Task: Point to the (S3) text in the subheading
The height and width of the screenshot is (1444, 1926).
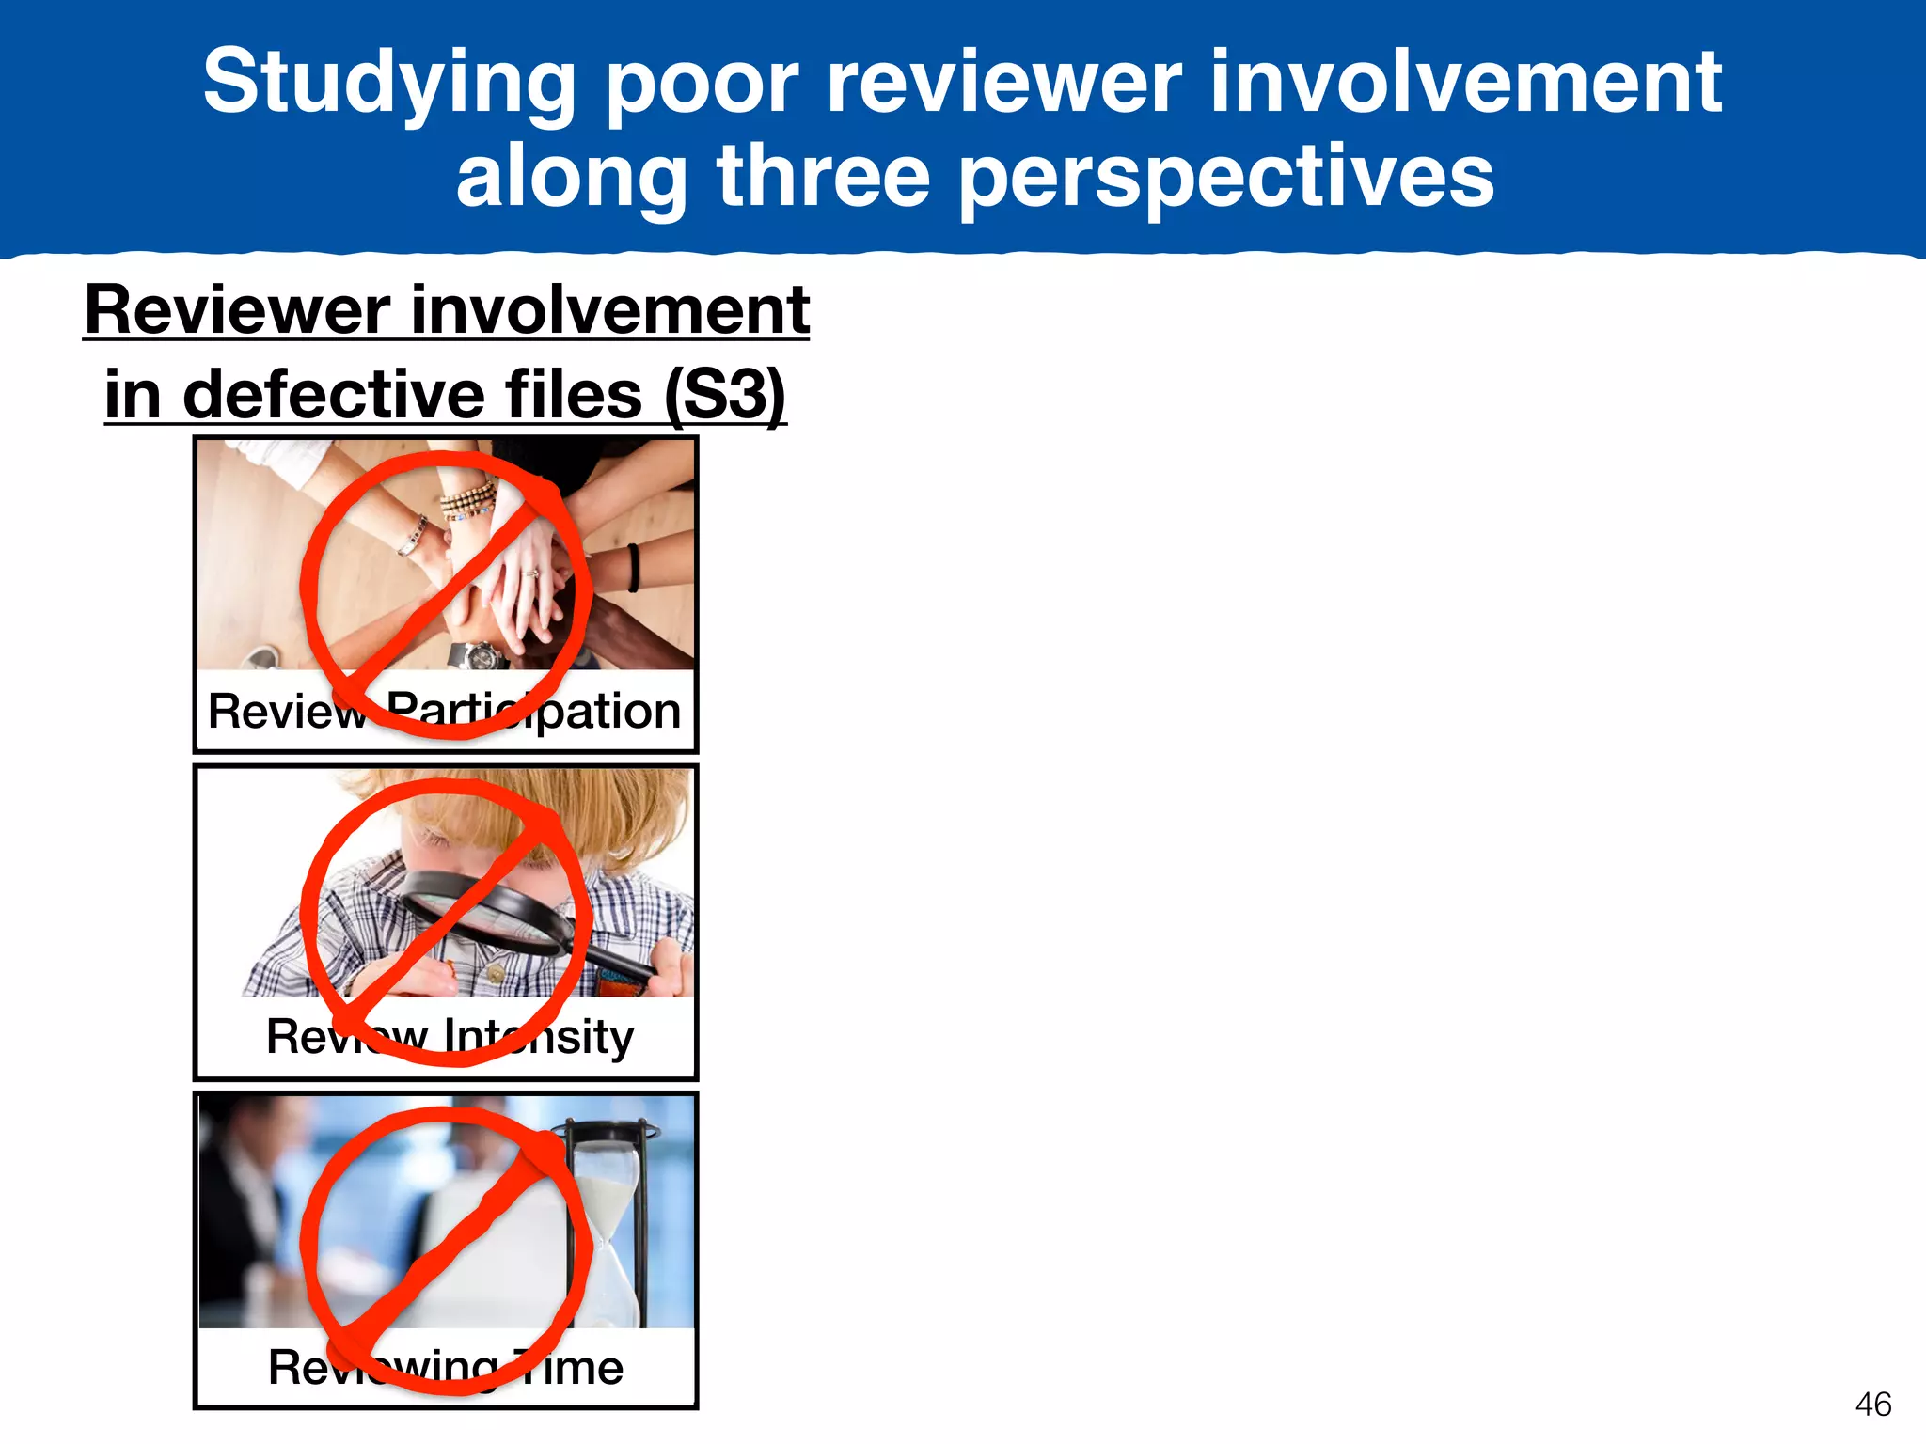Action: tap(725, 395)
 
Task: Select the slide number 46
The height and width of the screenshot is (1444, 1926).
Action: tap(1872, 1405)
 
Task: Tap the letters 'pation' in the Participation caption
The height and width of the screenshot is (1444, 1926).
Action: tap(611, 712)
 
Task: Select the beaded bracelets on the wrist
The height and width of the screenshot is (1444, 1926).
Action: tap(468, 498)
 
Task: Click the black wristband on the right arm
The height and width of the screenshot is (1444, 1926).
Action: tap(633, 567)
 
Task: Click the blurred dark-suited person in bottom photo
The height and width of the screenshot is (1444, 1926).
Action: tap(240, 1213)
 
